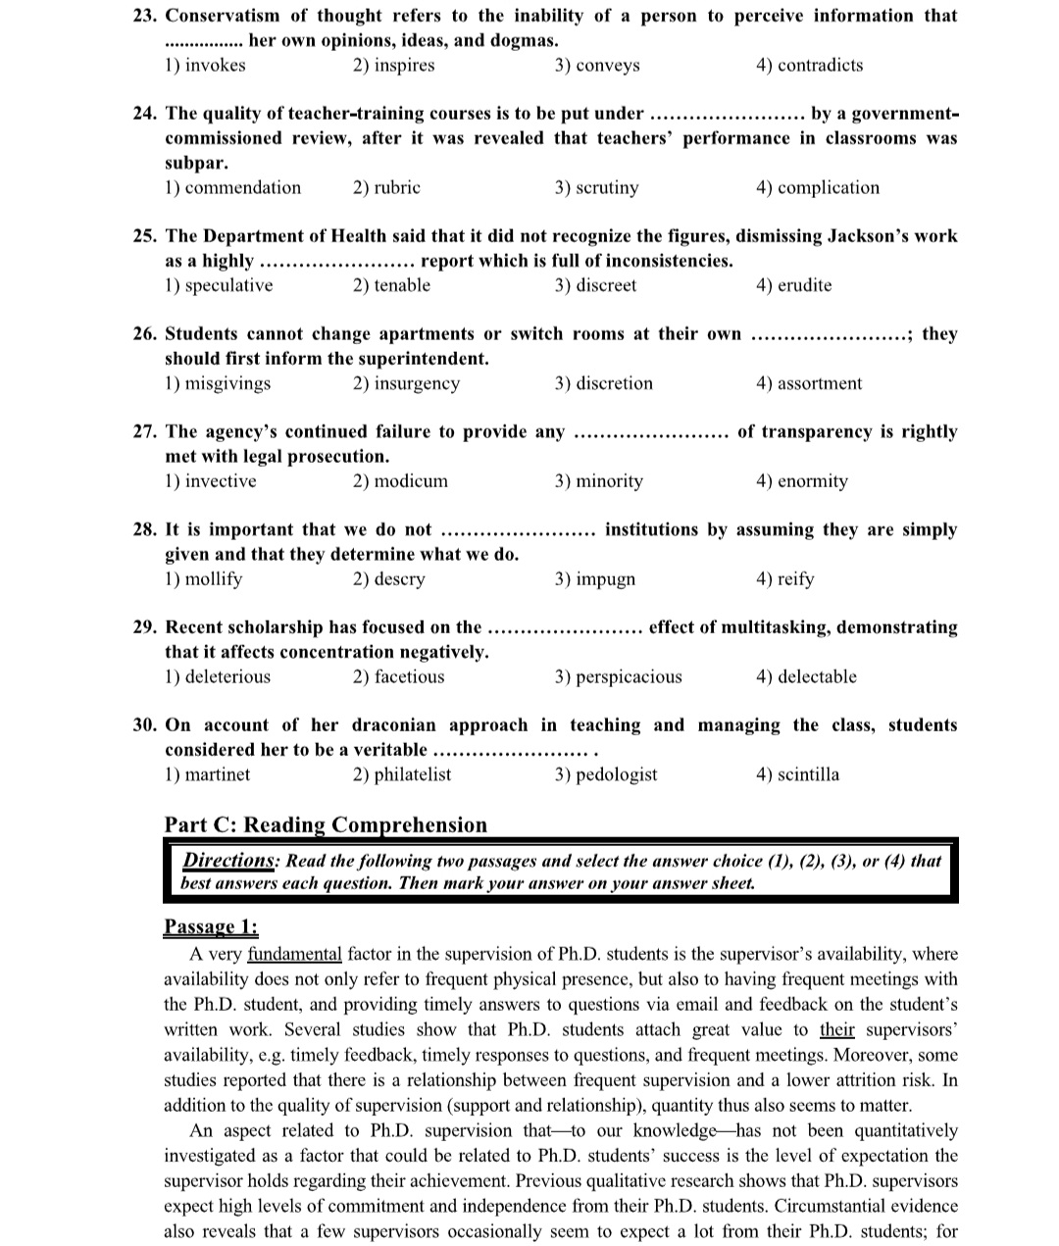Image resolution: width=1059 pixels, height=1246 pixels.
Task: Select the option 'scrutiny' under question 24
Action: pos(607,188)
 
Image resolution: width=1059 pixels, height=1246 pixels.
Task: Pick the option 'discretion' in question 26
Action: pos(614,384)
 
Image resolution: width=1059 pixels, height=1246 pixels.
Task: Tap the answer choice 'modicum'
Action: pos(411,481)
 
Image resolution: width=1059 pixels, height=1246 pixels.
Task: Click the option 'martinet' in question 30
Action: pos(217,774)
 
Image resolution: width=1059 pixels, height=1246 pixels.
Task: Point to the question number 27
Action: pos(145,432)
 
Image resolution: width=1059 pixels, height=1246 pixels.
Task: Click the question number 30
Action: pos(145,725)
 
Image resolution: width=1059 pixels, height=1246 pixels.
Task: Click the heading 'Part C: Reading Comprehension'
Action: pos(326,825)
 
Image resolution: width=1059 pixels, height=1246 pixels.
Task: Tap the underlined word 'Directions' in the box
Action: pos(228,861)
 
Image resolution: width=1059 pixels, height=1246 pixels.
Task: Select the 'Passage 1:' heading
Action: pos(211,927)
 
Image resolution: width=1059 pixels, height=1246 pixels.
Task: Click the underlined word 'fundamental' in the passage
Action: pos(294,954)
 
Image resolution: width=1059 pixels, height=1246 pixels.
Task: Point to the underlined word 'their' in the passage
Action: pos(836,1029)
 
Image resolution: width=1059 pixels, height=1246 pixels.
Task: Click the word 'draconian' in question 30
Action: pos(395,725)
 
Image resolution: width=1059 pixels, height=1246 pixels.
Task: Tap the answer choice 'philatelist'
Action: pos(412,774)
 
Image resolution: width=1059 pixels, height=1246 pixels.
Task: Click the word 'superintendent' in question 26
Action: pos(424,359)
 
